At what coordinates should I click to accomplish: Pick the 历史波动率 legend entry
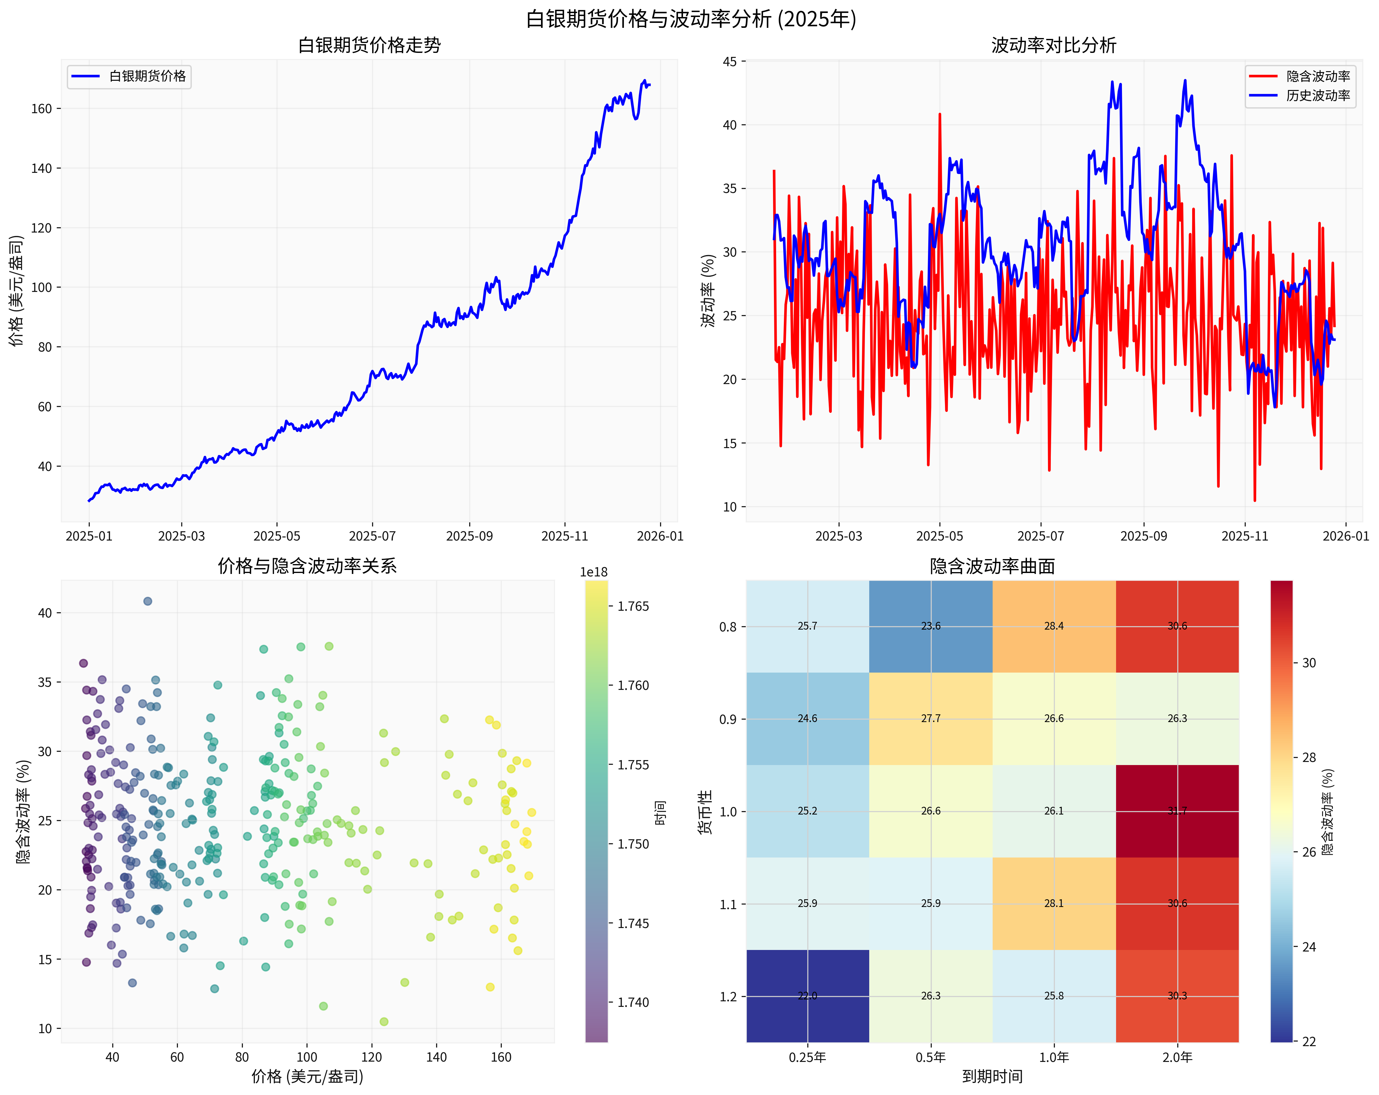pyautogui.click(x=1317, y=96)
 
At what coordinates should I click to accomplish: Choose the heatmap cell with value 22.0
pyautogui.click(x=807, y=996)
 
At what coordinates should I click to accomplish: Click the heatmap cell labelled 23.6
pyautogui.click(x=931, y=627)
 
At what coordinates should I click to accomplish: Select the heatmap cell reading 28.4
pyautogui.click(x=1054, y=627)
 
